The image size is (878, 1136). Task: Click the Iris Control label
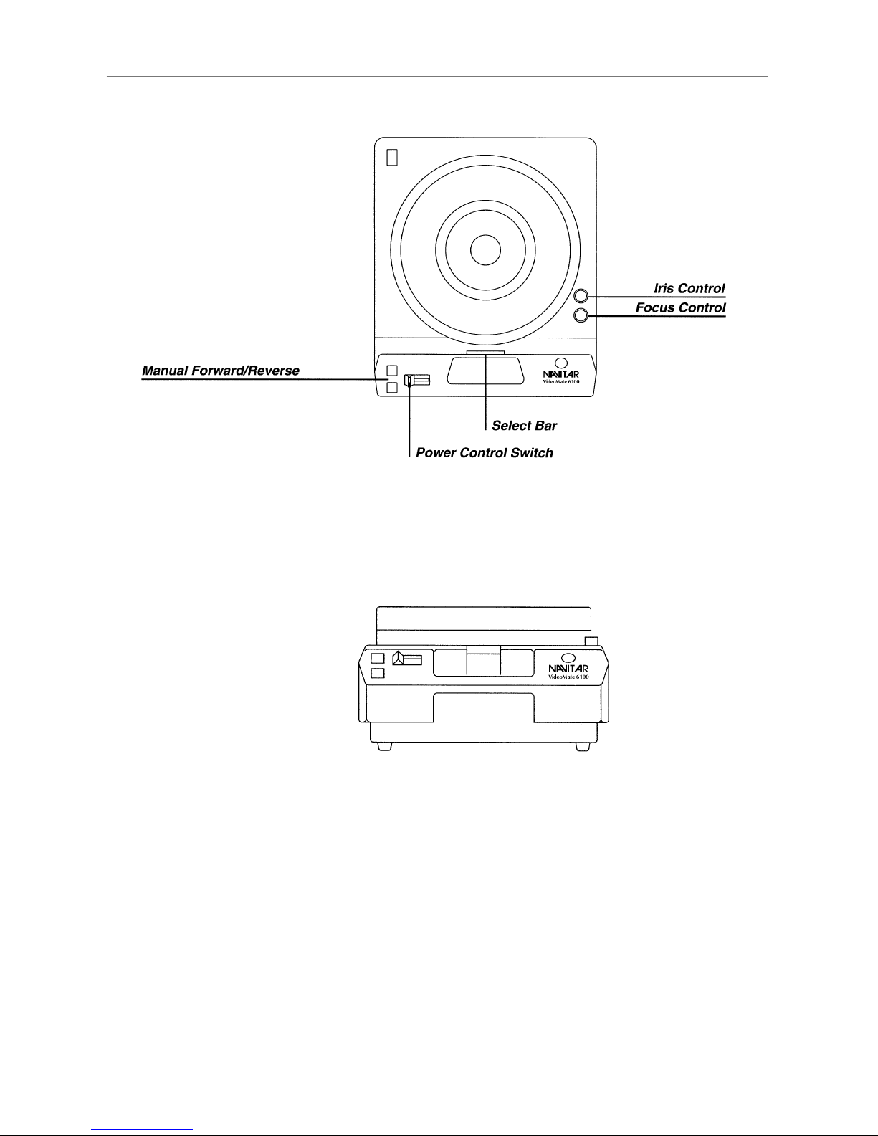click(x=689, y=288)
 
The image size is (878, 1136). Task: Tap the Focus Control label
click(x=680, y=307)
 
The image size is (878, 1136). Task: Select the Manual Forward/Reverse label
click(x=221, y=371)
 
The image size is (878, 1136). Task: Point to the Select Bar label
click(x=524, y=426)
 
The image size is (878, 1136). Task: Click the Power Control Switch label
click(x=485, y=453)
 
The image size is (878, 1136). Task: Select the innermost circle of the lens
click(x=485, y=250)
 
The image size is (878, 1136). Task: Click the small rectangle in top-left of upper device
click(x=392, y=158)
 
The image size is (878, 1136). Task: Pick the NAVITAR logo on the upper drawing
click(x=560, y=374)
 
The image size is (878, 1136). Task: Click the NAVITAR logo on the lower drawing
click(x=568, y=669)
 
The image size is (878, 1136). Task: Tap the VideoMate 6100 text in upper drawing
click(x=561, y=381)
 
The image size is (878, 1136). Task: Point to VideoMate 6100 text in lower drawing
click(x=568, y=677)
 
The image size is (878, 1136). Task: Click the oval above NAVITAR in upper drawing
click(x=561, y=363)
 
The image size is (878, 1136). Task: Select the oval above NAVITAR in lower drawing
click(x=568, y=658)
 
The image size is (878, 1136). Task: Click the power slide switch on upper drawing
click(x=417, y=380)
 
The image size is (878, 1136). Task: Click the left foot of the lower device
click(x=385, y=747)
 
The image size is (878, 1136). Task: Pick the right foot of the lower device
click(x=583, y=747)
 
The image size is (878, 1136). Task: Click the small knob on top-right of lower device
click(x=591, y=641)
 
